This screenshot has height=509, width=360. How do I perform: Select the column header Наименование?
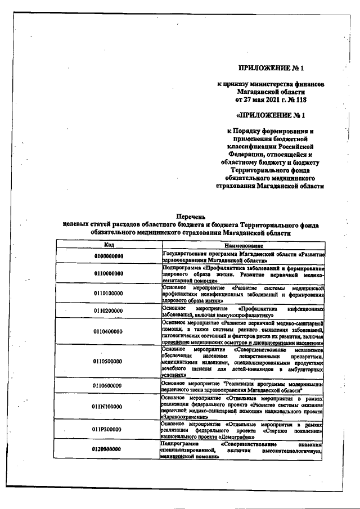(244, 246)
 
